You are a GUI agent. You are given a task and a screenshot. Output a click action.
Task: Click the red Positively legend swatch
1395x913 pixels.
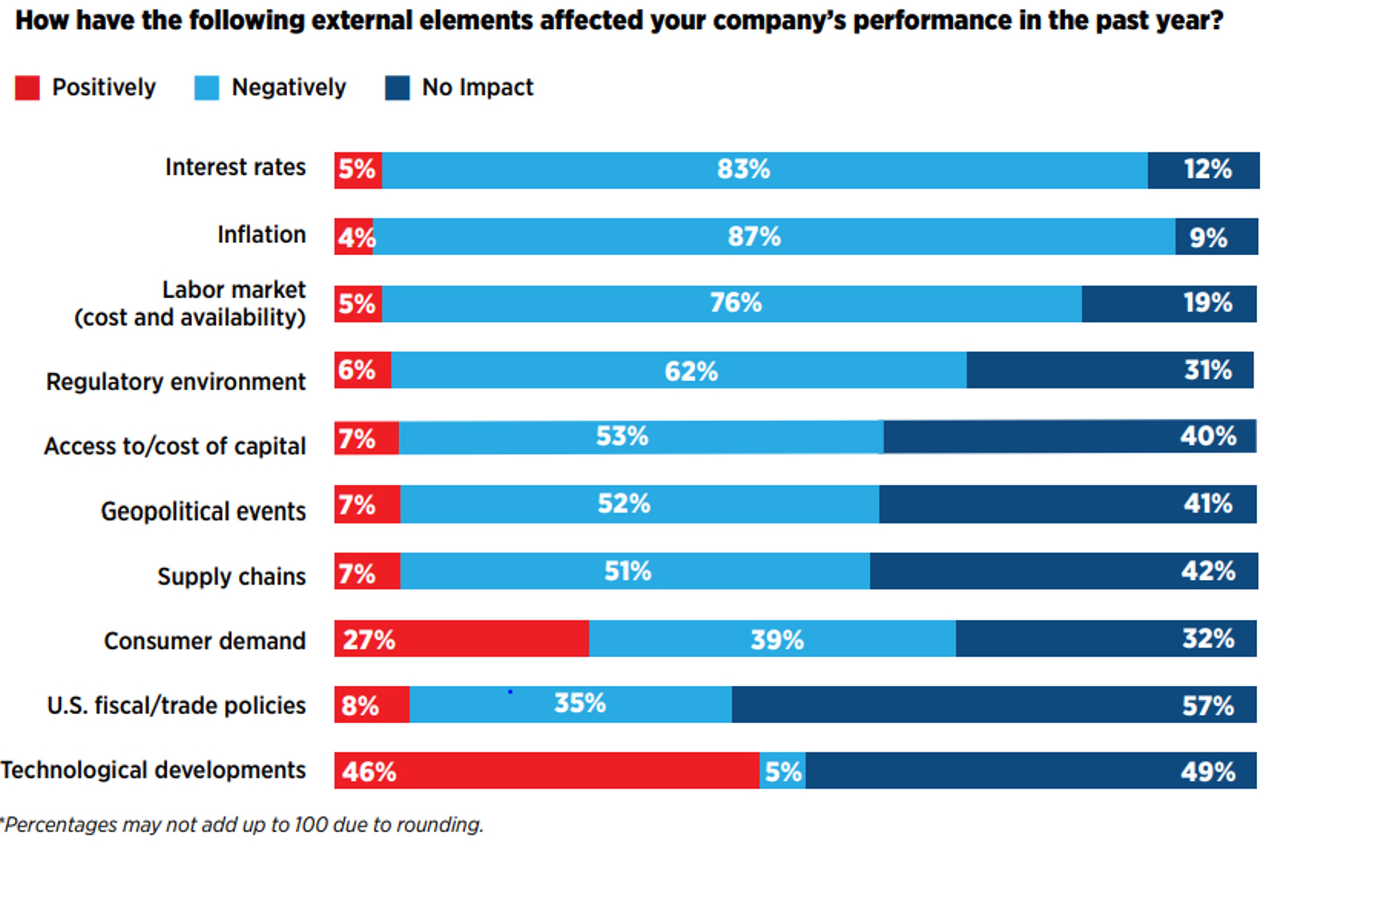point(27,88)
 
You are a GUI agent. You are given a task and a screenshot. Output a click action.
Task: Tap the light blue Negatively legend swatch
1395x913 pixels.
point(206,88)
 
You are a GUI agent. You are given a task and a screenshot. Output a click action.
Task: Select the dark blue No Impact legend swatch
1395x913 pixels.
point(397,88)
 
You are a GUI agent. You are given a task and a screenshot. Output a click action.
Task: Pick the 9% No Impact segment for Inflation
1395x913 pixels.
point(1216,237)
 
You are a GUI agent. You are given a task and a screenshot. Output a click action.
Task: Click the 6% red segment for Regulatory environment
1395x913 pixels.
point(362,370)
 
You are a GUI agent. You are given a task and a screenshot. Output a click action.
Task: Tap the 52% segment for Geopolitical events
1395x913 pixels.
point(639,504)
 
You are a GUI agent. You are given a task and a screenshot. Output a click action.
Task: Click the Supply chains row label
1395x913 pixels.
point(231,577)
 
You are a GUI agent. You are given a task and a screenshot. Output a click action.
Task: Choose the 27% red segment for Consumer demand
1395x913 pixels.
point(461,639)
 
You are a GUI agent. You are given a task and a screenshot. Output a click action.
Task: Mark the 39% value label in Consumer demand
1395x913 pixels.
point(777,640)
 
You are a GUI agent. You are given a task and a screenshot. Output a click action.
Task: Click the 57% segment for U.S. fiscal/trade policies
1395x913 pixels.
point(994,705)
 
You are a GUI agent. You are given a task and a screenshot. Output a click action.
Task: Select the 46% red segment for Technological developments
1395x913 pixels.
point(546,771)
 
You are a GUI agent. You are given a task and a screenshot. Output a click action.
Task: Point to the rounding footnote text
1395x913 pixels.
point(242,825)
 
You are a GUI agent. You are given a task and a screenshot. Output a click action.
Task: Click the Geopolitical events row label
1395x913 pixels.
point(203,512)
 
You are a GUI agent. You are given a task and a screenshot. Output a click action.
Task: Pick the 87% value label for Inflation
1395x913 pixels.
point(755,237)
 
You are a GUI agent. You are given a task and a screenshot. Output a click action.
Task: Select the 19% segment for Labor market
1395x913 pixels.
point(1169,304)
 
